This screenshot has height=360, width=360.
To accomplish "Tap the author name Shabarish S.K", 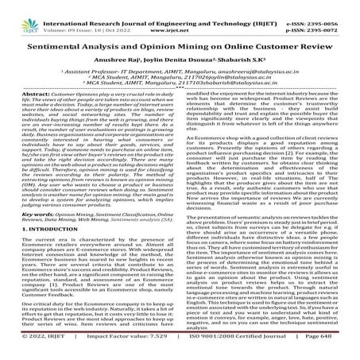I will [x=242, y=46].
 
